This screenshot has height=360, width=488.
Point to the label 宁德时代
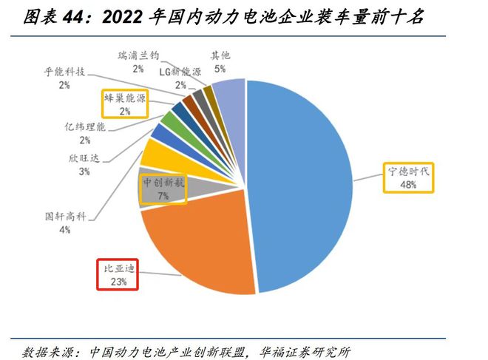tap(409, 171)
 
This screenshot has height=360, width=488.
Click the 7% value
tap(162, 196)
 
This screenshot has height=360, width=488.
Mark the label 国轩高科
tap(66, 217)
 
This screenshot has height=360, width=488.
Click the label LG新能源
tap(180, 71)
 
